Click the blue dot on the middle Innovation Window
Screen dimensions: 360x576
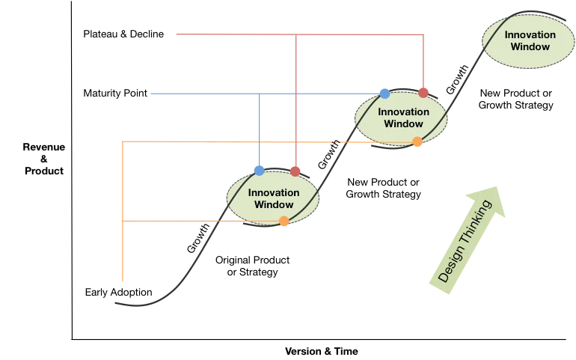click(384, 94)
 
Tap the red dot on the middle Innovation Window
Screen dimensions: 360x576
click(423, 93)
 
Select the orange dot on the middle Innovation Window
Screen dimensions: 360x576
click(417, 142)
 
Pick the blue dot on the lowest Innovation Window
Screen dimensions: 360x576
click(259, 171)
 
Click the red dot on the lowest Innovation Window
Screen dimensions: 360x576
click(295, 171)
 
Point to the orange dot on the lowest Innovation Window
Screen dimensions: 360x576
click(284, 221)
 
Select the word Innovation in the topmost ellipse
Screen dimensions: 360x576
click(530, 34)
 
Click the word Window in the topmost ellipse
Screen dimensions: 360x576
click(530, 46)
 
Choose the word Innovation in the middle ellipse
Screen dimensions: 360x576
click(403, 112)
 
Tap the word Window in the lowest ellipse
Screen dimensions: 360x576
click(274, 204)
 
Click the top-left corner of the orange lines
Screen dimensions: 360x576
click(121, 140)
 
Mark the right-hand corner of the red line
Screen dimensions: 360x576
click(423, 33)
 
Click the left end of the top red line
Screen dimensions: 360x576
click(174, 33)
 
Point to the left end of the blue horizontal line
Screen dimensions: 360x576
click(150, 94)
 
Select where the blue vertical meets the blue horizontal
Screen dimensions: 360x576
click(259, 94)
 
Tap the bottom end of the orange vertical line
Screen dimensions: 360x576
click(121, 284)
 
